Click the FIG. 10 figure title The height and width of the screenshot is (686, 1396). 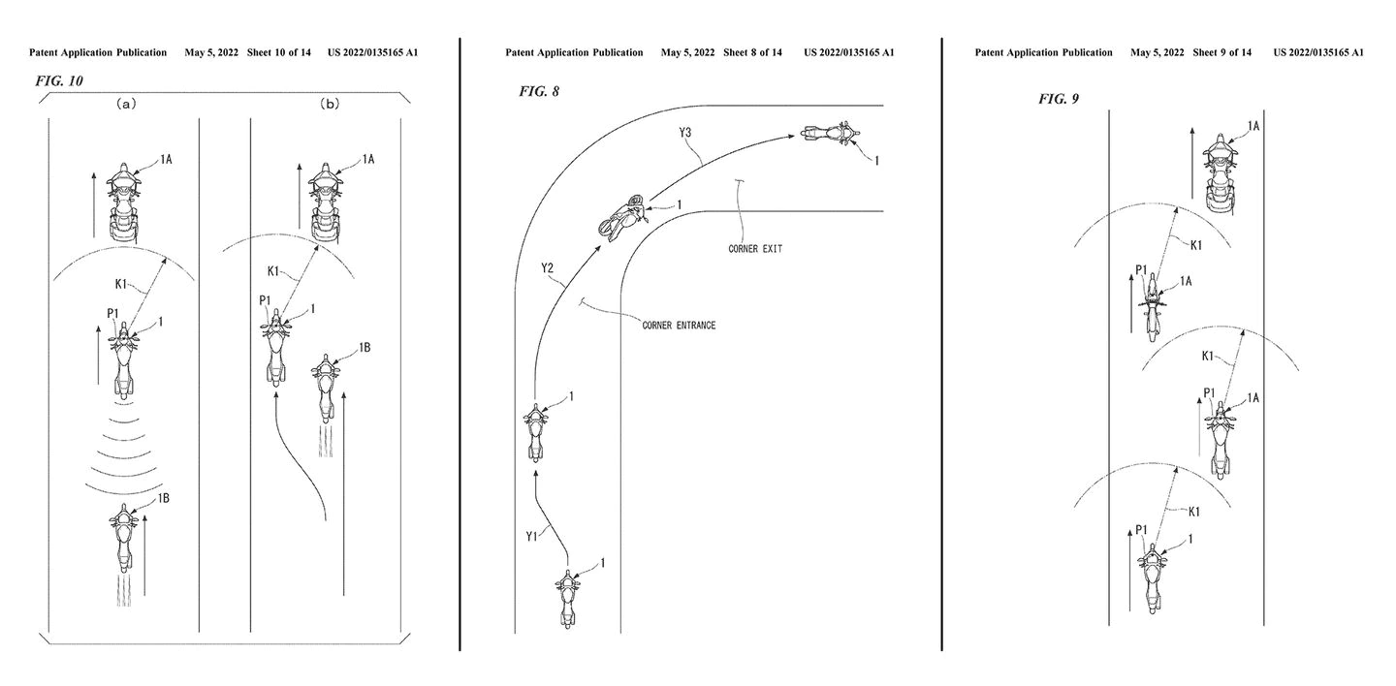59,80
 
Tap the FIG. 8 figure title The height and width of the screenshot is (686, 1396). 538,92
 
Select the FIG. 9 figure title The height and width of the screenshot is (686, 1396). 1059,99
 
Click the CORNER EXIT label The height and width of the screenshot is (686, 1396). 755,249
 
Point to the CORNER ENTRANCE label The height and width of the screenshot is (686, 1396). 679,326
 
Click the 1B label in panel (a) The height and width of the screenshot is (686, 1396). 164,498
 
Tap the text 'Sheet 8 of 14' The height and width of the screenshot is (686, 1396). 752,52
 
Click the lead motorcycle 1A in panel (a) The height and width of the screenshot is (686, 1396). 124,202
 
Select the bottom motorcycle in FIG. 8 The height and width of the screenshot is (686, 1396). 567,598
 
